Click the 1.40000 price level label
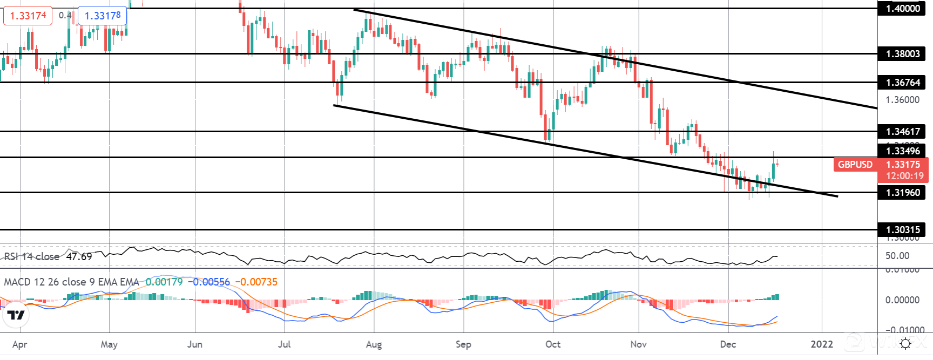902,8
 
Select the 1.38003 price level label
902,53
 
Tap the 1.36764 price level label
902,82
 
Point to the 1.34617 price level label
902,131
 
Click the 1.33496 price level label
902,151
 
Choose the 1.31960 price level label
902,192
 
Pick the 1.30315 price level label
902,229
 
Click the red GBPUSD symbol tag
855,165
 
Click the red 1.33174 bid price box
28,16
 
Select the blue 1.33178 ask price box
103,16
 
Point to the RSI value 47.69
79,256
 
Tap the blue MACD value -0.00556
208,282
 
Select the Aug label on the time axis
374,344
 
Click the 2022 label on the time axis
822,344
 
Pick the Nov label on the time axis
638,344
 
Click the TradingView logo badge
16,315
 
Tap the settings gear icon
905,344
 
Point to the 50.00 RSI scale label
897,256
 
